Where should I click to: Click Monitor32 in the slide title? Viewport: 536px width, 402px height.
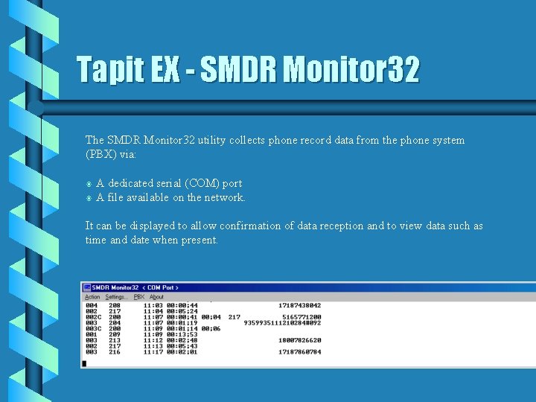click(353, 71)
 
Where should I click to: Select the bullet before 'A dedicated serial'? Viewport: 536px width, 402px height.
click(89, 184)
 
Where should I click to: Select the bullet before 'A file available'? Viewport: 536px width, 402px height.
click(89, 198)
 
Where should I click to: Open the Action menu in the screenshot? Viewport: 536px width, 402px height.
click(92, 296)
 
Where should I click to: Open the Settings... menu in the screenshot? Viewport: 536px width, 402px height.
click(115, 296)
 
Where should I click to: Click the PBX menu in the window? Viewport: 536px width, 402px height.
click(138, 296)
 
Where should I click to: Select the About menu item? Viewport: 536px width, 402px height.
click(156, 296)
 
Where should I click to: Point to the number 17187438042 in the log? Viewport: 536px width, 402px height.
click(299, 305)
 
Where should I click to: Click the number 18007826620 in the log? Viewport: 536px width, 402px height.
click(299, 340)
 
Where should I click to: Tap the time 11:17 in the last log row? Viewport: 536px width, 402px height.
click(152, 352)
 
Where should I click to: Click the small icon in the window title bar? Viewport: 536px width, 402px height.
click(86, 287)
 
